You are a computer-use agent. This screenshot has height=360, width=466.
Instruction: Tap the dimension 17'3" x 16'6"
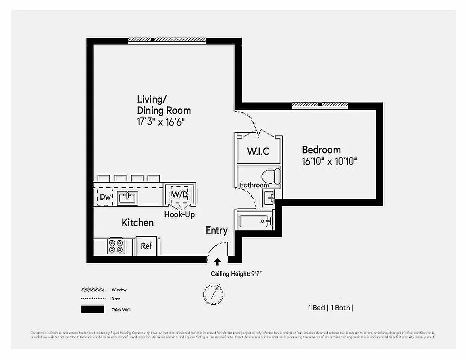[161, 121]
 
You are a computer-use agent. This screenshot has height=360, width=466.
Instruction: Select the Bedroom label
[321, 150]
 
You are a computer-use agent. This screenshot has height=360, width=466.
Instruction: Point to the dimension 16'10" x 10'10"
[329, 162]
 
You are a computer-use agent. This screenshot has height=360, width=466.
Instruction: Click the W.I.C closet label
[258, 151]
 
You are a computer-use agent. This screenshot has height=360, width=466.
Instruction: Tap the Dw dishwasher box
[105, 197]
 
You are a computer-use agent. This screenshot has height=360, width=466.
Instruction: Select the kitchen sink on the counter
[128, 197]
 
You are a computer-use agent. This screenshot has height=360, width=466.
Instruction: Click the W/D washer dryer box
[179, 194]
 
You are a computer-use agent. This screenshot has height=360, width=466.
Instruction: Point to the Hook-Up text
[179, 215]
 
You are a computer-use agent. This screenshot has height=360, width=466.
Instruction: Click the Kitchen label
[138, 223]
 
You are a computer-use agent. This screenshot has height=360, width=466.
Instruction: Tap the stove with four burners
[116, 246]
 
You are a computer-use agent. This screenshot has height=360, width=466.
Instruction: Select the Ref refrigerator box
[147, 246]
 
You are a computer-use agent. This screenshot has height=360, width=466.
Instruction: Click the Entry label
[217, 230]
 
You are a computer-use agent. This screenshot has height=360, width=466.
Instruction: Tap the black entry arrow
[217, 262]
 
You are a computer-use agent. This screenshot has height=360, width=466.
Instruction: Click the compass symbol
[213, 294]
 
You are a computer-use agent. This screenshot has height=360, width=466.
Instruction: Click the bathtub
[254, 221]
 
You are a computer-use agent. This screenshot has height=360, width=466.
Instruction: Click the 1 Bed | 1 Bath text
[330, 308]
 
